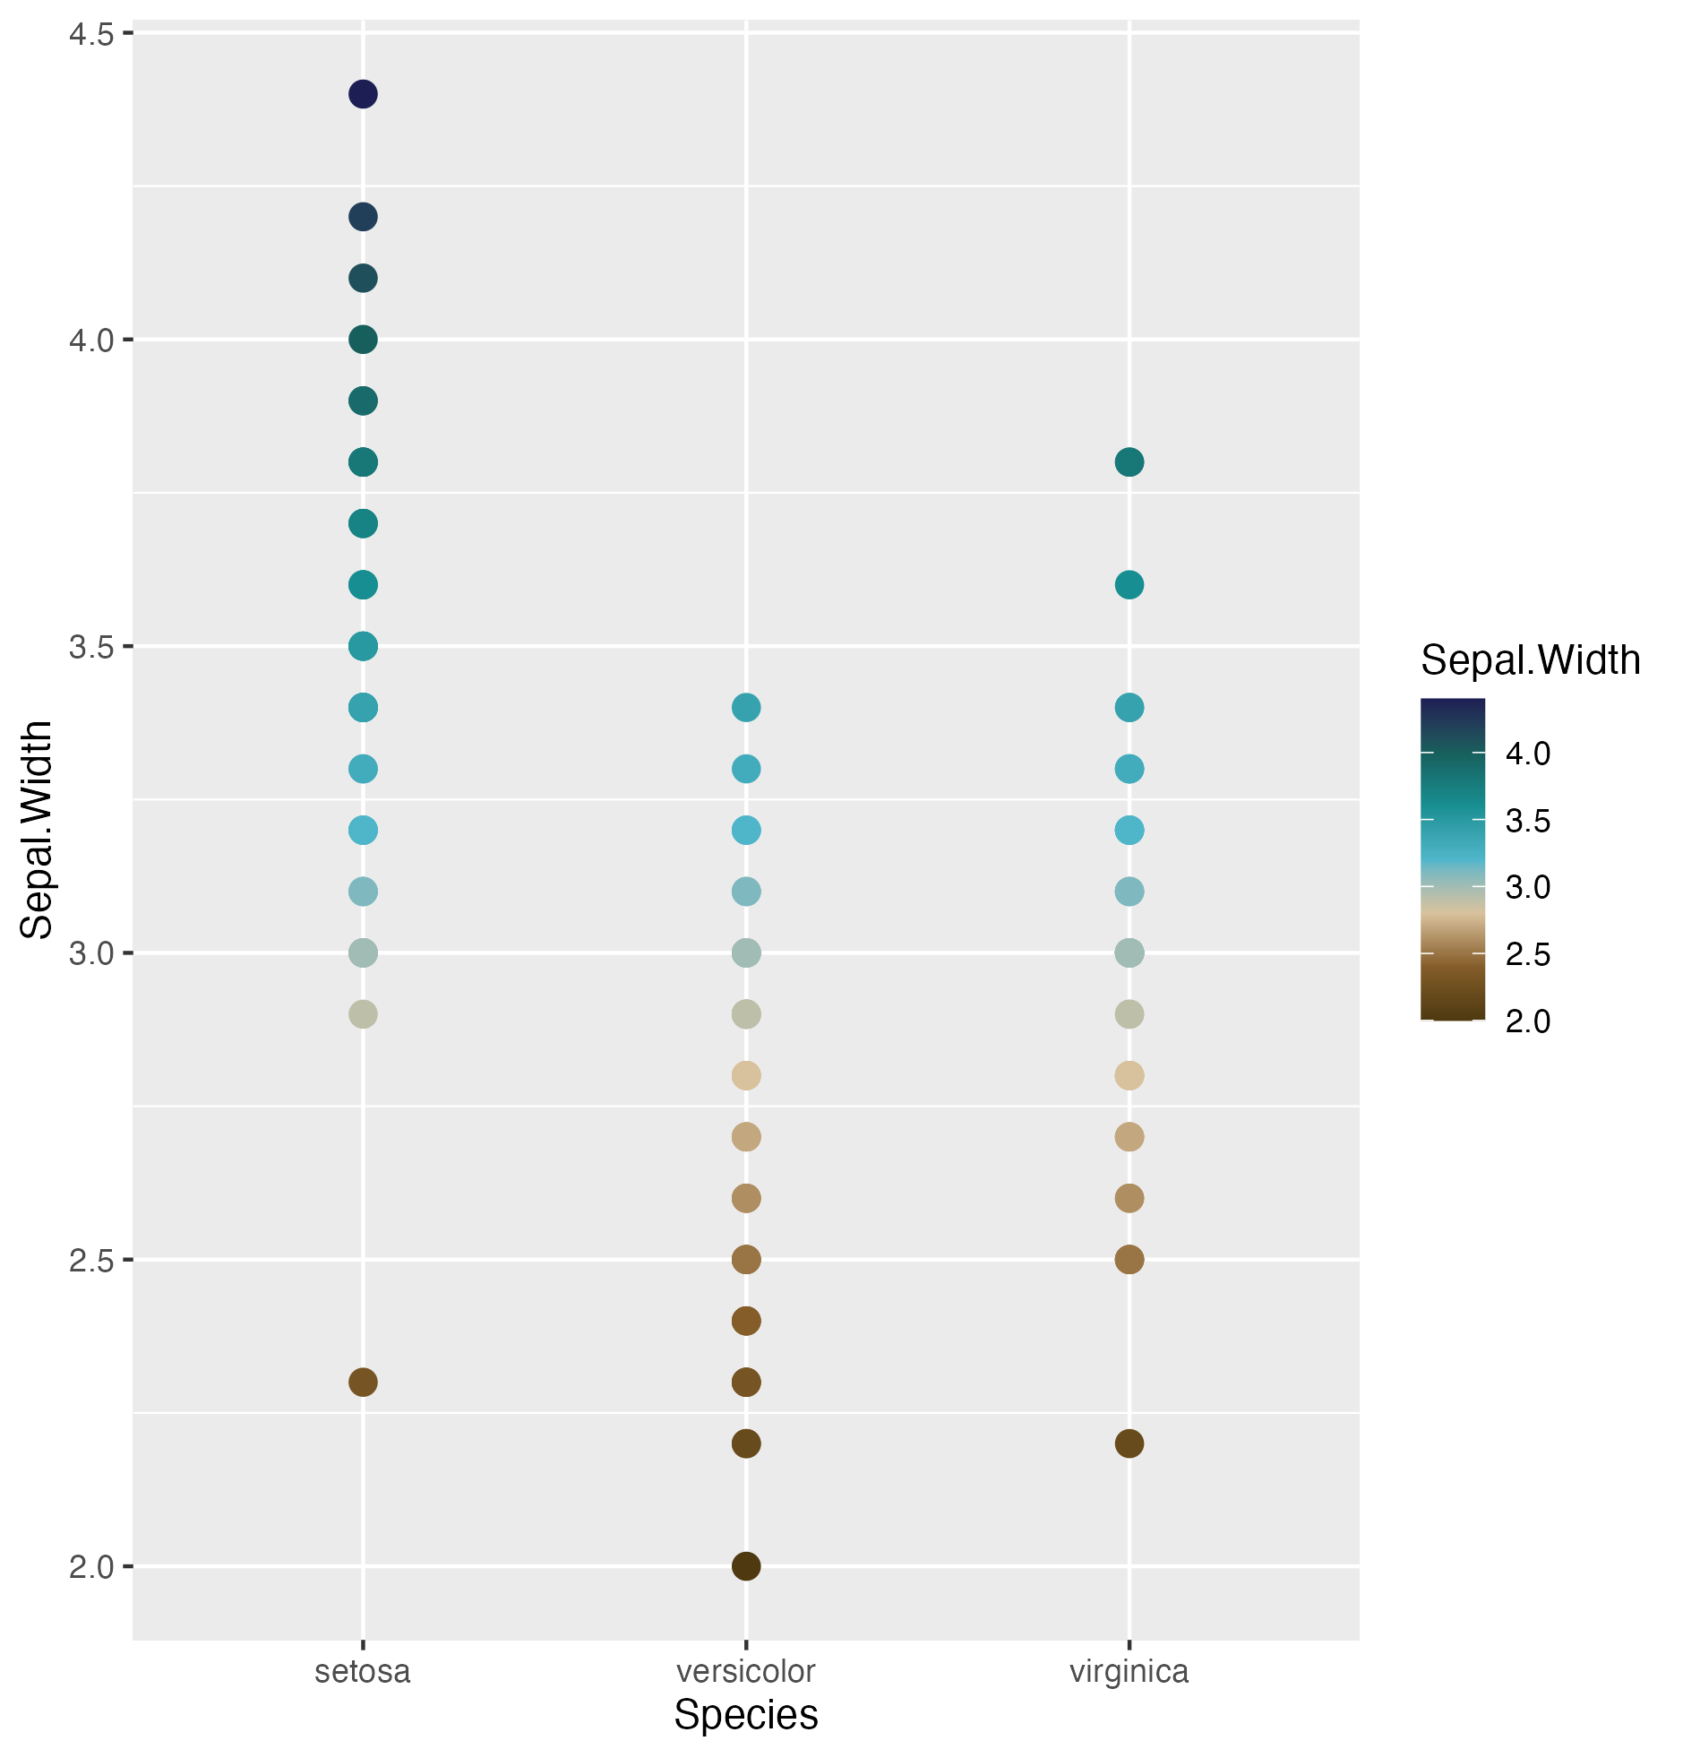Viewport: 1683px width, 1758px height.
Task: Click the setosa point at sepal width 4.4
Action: (x=362, y=94)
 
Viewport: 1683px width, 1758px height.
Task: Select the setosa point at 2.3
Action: (x=362, y=1383)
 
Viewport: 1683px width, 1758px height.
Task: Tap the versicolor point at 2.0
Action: (x=746, y=1566)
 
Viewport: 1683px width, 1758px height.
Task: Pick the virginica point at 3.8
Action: (x=1129, y=463)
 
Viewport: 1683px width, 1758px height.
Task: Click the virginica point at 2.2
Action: (x=1129, y=1444)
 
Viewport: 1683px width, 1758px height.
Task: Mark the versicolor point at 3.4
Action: (x=746, y=708)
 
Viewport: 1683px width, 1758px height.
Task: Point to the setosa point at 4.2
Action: (x=362, y=217)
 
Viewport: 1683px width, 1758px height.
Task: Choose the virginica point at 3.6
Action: (x=1129, y=585)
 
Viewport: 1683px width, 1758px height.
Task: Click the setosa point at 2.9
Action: (x=362, y=1014)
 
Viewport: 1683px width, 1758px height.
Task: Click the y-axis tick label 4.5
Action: (x=90, y=35)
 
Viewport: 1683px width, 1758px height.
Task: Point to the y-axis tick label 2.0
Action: (x=90, y=1567)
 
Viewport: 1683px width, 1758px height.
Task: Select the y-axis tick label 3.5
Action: (x=90, y=647)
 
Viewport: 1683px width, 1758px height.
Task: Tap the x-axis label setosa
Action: (x=362, y=1672)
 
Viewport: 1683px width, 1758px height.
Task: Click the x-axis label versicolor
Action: (x=746, y=1672)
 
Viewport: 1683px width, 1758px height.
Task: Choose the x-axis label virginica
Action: (x=1129, y=1672)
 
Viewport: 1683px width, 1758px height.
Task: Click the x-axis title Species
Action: (x=746, y=1715)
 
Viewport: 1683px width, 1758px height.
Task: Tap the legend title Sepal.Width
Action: (x=1531, y=660)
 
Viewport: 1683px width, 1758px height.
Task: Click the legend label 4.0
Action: (x=1528, y=754)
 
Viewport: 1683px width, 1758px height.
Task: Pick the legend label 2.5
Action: (x=1528, y=954)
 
